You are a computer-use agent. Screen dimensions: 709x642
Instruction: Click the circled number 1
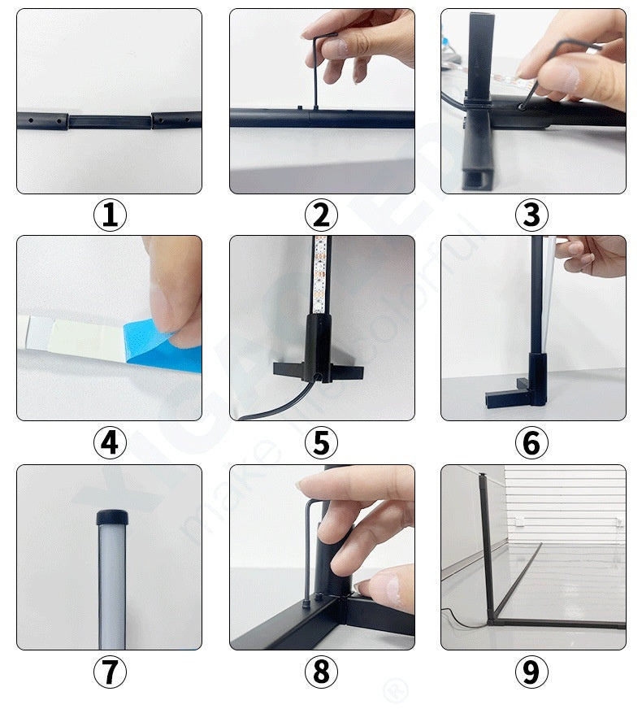point(110,215)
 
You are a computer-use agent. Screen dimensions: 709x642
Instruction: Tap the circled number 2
point(321,215)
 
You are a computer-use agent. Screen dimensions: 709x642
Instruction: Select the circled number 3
point(531,215)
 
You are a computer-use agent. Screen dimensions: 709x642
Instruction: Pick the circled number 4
point(110,443)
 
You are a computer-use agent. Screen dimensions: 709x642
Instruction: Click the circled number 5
point(321,443)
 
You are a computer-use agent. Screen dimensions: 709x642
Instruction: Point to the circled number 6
point(531,443)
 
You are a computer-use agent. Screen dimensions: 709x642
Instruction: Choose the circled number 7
point(110,672)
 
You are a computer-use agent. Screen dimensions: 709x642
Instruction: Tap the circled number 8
point(321,672)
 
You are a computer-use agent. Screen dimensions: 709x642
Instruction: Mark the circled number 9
point(531,672)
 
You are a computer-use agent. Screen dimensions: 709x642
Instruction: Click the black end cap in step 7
point(111,517)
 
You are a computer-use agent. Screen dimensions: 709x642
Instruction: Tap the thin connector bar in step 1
point(110,122)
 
